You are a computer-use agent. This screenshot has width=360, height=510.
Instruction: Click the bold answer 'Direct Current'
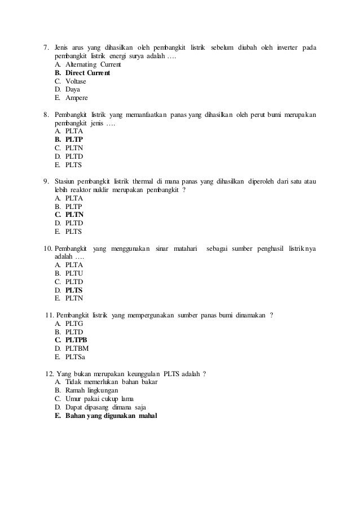point(87,73)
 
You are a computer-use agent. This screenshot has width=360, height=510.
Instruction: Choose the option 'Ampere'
point(77,97)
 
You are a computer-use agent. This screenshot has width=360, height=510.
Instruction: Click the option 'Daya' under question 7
point(73,89)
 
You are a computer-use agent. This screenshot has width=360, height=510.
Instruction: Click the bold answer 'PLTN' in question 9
point(74,215)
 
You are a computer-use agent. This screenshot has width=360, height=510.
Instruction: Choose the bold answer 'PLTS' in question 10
point(74,290)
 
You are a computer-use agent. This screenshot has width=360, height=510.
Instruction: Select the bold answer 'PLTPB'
point(76,340)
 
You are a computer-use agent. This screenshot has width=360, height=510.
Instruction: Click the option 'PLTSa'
point(76,356)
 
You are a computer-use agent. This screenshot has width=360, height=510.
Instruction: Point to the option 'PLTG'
point(74,324)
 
